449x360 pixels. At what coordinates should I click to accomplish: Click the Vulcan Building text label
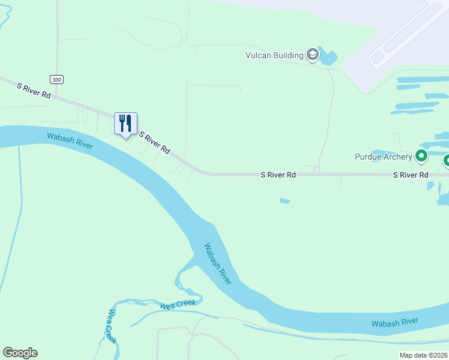[274, 55]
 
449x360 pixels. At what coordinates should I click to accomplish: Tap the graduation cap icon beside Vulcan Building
[312, 55]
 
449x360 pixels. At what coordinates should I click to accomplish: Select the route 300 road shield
[56, 79]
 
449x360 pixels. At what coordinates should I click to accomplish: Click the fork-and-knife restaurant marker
[125, 124]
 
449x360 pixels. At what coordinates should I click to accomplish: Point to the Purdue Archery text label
[382, 157]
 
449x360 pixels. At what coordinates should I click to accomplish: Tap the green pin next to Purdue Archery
[421, 157]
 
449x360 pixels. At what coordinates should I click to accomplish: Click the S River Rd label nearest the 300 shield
[34, 91]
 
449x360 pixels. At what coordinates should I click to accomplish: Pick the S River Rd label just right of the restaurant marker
[155, 143]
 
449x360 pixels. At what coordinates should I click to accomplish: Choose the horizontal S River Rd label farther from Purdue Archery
[279, 175]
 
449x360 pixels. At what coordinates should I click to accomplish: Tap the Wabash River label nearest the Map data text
[394, 322]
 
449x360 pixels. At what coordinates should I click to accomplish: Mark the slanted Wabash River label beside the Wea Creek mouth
[217, 263]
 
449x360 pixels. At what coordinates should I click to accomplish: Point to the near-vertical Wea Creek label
[110, 326]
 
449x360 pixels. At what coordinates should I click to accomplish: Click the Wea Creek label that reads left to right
[178, 305]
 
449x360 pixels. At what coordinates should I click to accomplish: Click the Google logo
[20, 353]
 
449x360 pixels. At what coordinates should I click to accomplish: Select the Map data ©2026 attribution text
[423, 355]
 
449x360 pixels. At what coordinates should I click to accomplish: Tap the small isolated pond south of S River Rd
[285, 201]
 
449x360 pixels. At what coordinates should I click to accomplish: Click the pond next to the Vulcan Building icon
[328, 57]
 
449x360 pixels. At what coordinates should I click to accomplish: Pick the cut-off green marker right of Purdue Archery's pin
[447, 160]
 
